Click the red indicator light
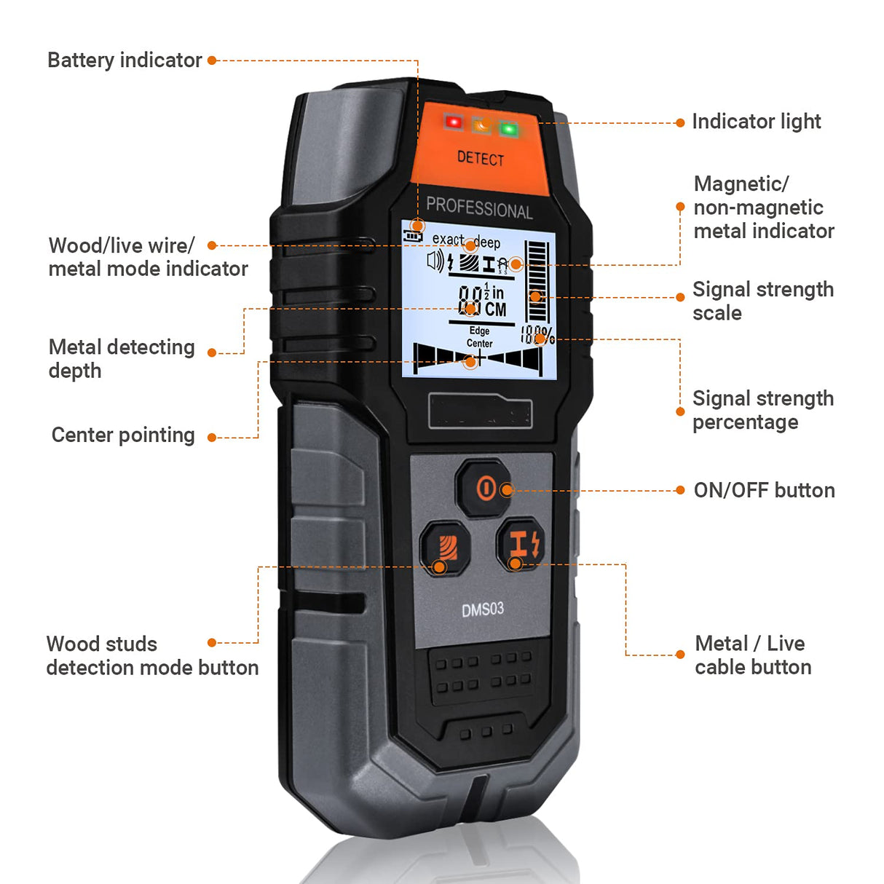(x=454, y=122)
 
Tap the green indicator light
(x=508, y=130)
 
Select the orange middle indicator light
(x=481, y=126)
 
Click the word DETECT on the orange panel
(x=481, y=158)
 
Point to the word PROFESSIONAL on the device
(x=479, y=208)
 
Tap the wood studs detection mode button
(x=444, y=548)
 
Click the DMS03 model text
(x=482, y=609)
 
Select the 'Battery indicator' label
(x=125, y=60)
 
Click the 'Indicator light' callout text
(x=756, y=122)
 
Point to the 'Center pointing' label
(x=123, y=435)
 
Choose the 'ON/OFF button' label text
(x=764, y=490)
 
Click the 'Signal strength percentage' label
(x=762, y=410)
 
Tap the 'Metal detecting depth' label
(x=122, y=358)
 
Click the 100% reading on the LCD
(x=537, y=335)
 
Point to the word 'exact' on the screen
(x=448, y=239)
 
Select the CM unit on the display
(x=495, y=309)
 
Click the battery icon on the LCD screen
(x=414, y=236)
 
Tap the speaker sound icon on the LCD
(x=435, y=261)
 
